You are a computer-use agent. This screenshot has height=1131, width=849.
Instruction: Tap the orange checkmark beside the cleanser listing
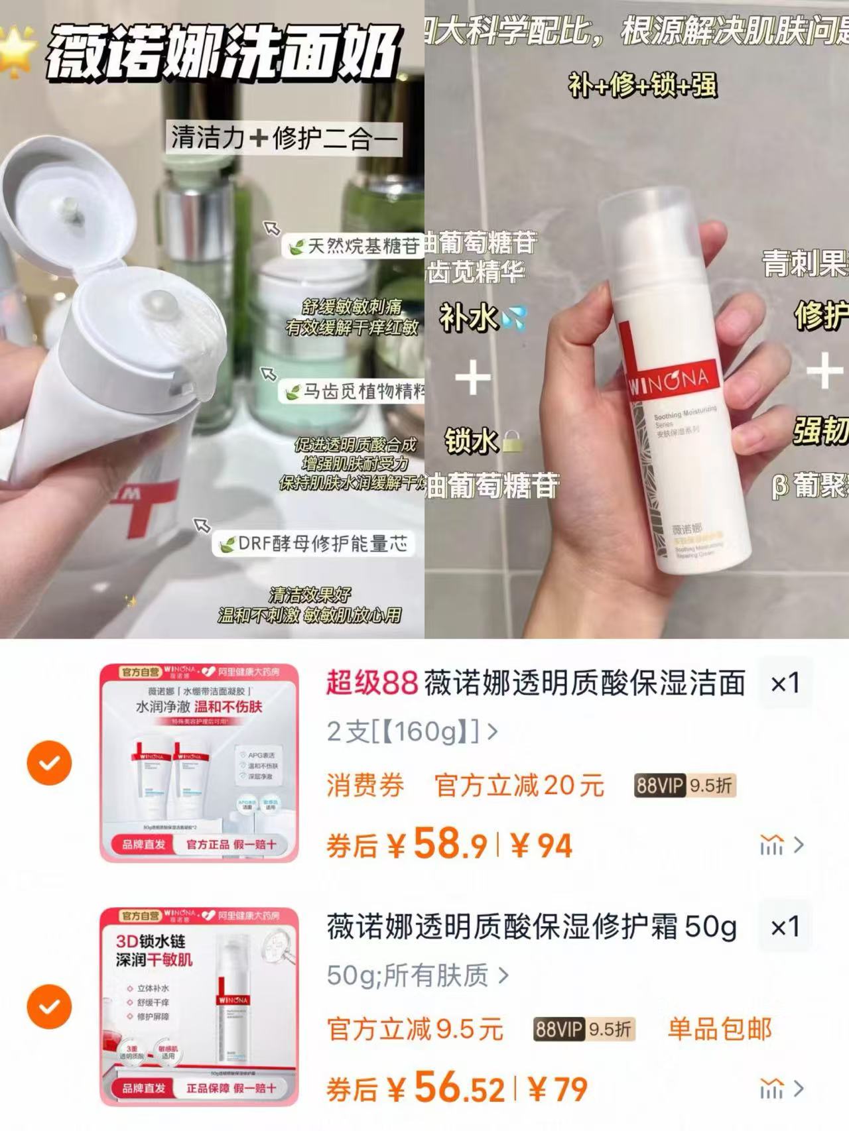coord(49,763)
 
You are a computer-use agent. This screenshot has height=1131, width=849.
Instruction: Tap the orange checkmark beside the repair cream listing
coord(49,1006)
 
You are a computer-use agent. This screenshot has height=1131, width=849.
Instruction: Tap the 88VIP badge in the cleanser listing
coord(685,786)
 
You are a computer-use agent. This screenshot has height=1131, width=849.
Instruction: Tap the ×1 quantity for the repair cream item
coord(785,927)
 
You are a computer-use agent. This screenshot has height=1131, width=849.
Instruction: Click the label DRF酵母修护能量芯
coord(314,544)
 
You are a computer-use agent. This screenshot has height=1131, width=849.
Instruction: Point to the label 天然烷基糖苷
coord(355,247)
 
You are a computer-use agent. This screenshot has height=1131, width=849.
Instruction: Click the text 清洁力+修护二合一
coord(284,138)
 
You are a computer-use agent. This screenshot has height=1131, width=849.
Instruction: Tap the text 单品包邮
coord(720,1029)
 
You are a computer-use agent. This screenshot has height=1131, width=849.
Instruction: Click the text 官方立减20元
coord(519,786)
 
